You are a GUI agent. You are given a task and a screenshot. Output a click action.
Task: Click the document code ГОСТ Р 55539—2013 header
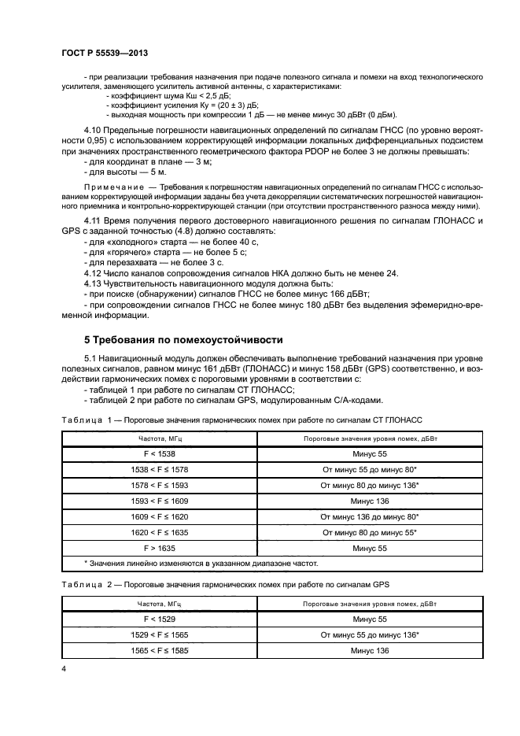[105, 54]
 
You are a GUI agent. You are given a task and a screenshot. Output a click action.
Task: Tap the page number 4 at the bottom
[63, 668]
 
